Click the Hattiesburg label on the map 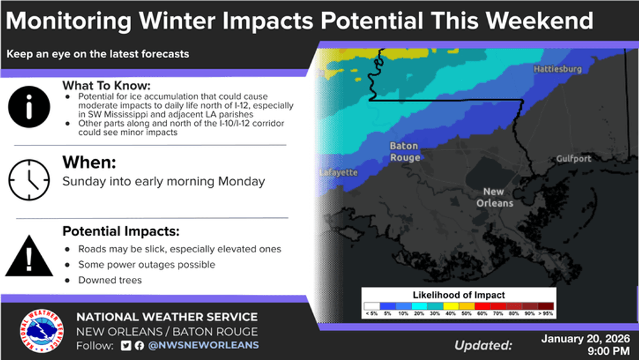[x=557, y=69]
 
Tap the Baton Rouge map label [x=405, y=152]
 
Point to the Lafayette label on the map [x=338, y=172]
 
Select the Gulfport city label [x=573, y=158]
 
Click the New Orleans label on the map [x=494, y=198]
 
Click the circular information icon [x=29, y=107]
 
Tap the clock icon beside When [x=29, y=180]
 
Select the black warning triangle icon [x=29, y=256]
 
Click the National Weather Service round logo [x=42, y=331]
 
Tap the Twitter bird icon [x=126, y=346]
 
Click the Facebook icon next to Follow [x=140, y=346]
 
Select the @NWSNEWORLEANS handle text [x=203, y=345]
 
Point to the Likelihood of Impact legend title [x=458, y=295]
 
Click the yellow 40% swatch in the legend [x=451, y=306]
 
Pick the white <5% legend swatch [x=372, y=306]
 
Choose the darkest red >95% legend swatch [x=546, y=306]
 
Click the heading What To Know [x=106, y=85]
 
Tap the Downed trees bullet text [x=110, y=280]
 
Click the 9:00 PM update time [x=608, y=351]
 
